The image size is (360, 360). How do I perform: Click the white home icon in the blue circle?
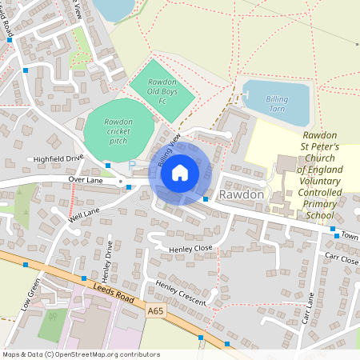point(180,173)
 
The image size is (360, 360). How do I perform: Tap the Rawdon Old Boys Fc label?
point(162,92)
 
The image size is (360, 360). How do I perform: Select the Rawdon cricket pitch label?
point(118,130)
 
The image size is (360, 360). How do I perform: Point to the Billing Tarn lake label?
point(277,103)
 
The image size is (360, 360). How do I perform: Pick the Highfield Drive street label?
point(58,158)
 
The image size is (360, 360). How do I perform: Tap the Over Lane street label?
point(87,179)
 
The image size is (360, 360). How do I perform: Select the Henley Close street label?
point(190,249)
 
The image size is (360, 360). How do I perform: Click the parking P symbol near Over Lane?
point(132,165)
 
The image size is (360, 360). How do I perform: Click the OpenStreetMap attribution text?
point(81,354)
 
